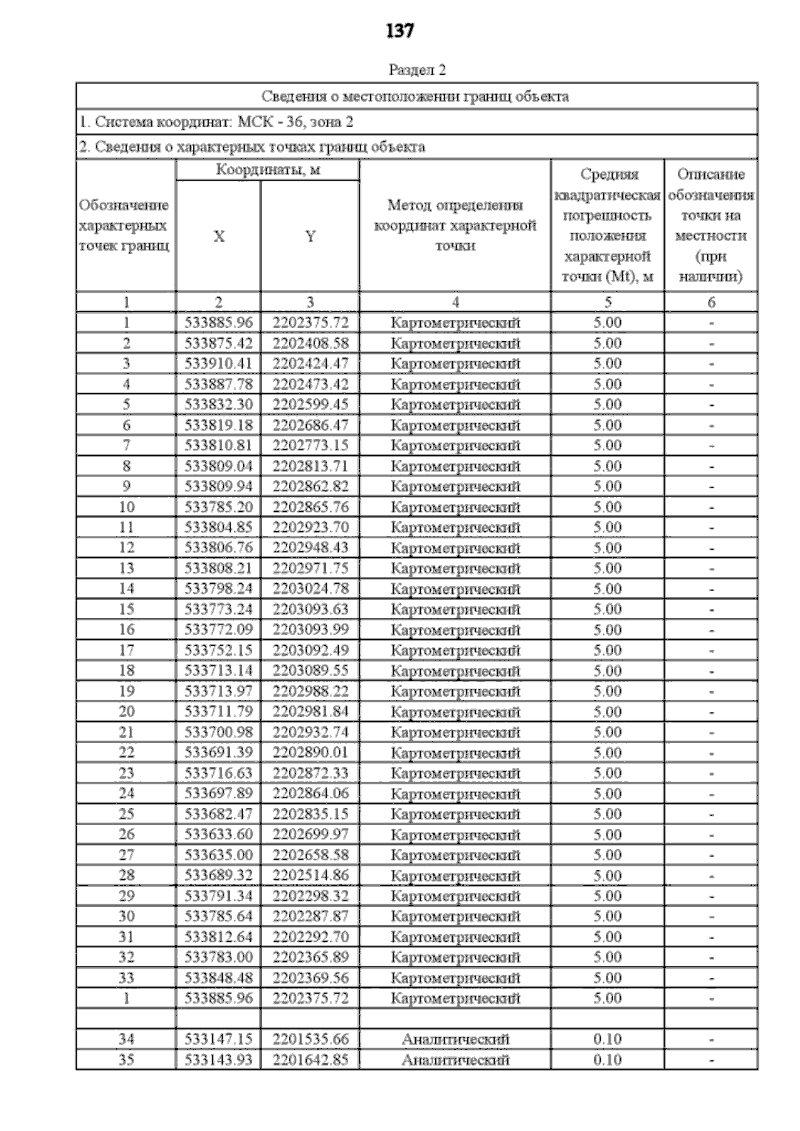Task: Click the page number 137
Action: pyautogui.click(x=400, y=31)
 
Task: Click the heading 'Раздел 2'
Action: pyautogui.click(x=417, y=70)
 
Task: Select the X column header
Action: pyautogui.click(x=219, y=237)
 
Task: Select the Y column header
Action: pyautogui.click(x=310, y=237)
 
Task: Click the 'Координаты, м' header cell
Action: pyautogui.click(x=268, y=170)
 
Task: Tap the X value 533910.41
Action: pyautogui.click(x=219, y=364)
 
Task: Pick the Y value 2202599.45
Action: pyautogui.click(x=310, y=405)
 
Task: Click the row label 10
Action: pyautogui.click(x=126, y=507)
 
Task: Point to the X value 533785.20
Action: pyautogui.click(x=219, y=507)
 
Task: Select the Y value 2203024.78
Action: pyautogui.click(x=310, y=589)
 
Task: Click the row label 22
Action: pyautogui.click(x=126, y=753)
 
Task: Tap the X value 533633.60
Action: pyautogui.click(x=219, y=834)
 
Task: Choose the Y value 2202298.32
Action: pyautogui.click(x=310, y=896)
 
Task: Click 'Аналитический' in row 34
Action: pyautogui.click(x=455, y=1039)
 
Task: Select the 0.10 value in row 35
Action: pyautogui.click(x=607, y=1060)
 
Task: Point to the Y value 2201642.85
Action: pyautogui.click(x=310, y=1060)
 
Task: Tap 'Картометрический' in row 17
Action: pyautogui.click(x=455, y=650)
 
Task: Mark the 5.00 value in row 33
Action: pyautogui.click(x=607, y=978)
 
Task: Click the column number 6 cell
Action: pyautogui.click(x=711, y=303)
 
